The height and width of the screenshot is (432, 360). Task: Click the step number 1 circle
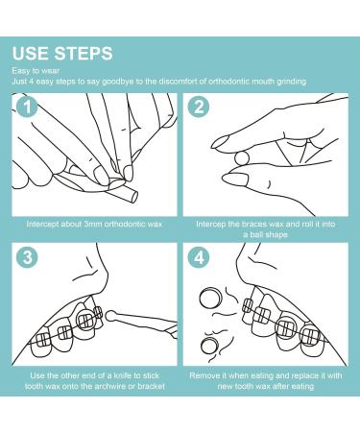[x=28, y=107]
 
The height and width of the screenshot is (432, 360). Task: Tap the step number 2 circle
[x=199, y=107]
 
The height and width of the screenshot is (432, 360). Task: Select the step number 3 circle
[x=28, y=257]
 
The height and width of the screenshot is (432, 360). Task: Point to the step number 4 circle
[x=199, y=257]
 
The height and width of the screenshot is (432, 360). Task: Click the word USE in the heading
[x=30, y=54]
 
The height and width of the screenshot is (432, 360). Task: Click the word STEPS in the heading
[x=84, y=54]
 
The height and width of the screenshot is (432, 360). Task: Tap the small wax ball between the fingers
[x=242, y=158]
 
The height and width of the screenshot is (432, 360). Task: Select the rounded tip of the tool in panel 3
[x=110, y=315]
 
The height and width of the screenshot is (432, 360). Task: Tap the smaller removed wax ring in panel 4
[x=210, y=347]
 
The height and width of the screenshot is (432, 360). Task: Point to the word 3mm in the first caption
[x=93, y=224]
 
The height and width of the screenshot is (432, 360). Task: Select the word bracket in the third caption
[x=151, y=386]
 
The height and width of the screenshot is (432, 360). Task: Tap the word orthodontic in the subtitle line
[x=227, y=82]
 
